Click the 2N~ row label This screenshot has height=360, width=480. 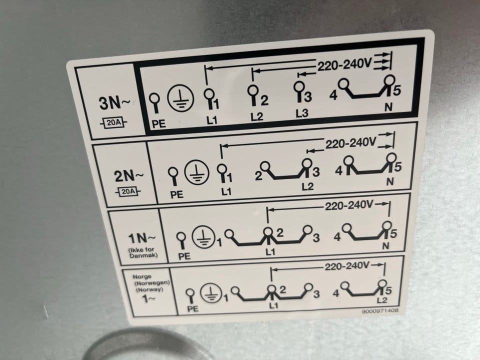click(128, 175)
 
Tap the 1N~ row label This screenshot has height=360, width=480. click(141, 238)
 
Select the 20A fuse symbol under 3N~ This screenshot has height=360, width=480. click(113, 123)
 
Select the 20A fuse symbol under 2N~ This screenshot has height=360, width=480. click(128, 192)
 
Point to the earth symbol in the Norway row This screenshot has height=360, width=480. click(211, 292)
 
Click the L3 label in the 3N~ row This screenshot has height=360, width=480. click(301, 113)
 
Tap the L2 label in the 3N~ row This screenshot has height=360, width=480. click(256, 116)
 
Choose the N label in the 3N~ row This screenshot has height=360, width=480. click(388, 107)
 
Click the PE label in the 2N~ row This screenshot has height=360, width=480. click(176, 194)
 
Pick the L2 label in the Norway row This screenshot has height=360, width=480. click(381, 300)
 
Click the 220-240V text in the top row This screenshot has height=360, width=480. click(344, 64)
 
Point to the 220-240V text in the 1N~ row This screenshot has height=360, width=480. click(349, 205)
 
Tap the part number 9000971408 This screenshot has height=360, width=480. click(380, 310)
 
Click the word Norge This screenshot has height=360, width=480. click(141, 276)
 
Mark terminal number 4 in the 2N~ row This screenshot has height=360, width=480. click(338, 170)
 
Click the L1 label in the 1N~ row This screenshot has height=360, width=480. click(270, 252)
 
